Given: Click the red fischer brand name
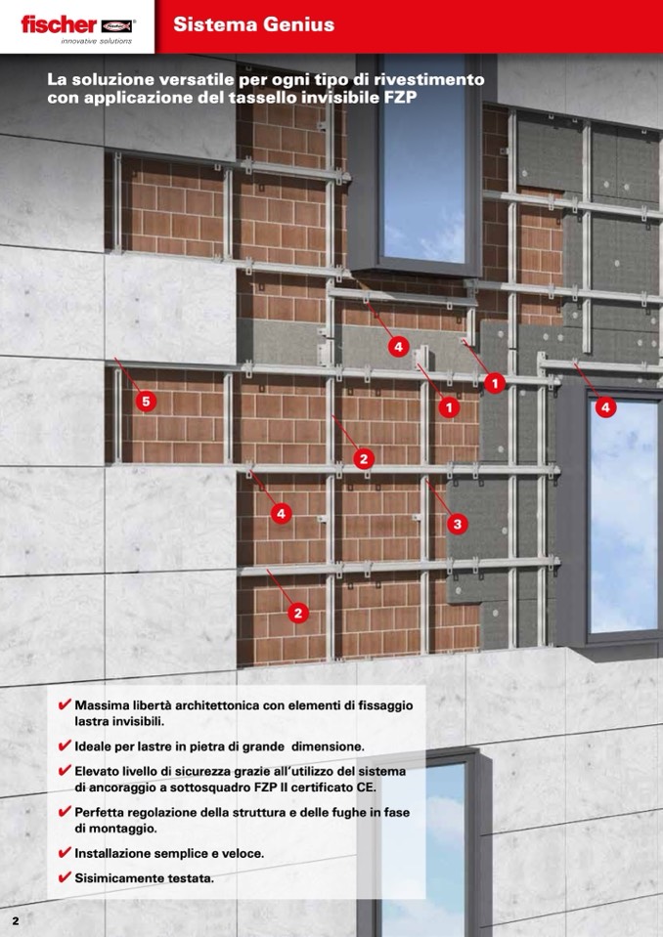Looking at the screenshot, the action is (x=59, y=24).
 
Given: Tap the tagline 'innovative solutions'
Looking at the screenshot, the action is (x=96, y=41).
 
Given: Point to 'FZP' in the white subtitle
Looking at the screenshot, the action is (x=399, y=98).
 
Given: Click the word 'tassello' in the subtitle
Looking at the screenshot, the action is (x=260, y=98).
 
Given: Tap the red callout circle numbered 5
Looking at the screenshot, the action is (x=146, y=401).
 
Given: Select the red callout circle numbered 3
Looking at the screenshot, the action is (x=458, y=524).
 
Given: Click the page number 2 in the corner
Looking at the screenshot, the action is (x=16, y=920).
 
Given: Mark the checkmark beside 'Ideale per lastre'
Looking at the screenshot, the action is (x=65, y=745).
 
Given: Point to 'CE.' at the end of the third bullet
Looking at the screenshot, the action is (x=367, y=788).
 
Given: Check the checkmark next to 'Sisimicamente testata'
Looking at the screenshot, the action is (x=65, y=877).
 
